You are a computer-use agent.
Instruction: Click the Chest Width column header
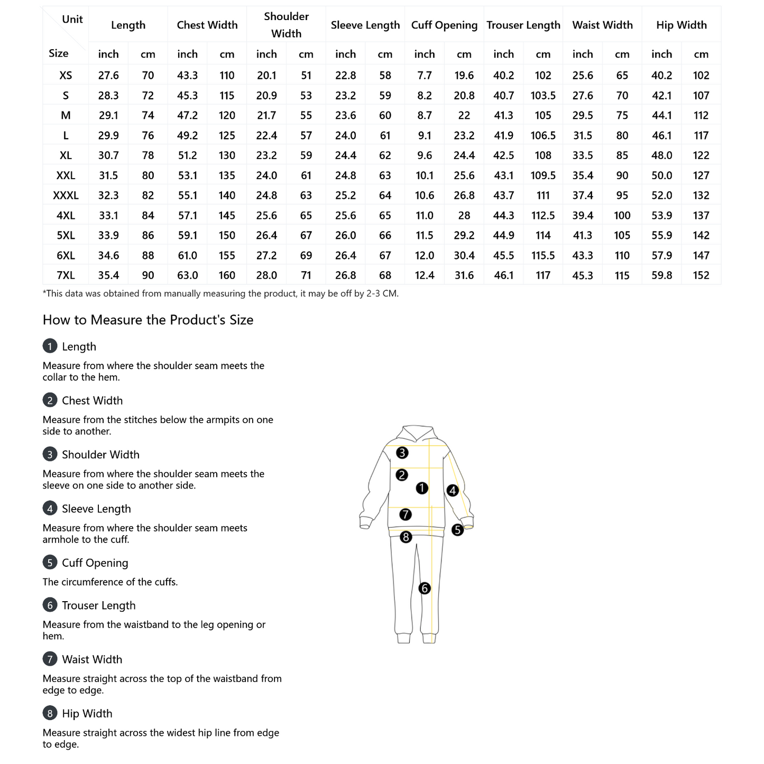coord(207,25)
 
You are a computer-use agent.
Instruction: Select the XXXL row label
coord(66,196)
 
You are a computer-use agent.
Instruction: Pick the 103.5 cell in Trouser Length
coord(543,96)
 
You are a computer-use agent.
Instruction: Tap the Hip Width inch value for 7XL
coord(661,275)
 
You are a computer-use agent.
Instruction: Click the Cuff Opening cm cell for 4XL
coord(464,216)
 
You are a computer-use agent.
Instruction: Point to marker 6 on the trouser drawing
coord(425,588)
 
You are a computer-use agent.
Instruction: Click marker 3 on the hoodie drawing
coord(402,453)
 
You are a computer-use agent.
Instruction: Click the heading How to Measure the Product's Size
coord(148,320)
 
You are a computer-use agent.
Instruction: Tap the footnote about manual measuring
coord(220,293)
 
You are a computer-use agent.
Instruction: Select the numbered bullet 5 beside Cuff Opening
coord(50,563)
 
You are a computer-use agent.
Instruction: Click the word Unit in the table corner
coord(72,20)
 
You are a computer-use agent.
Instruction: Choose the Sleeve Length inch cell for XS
coord(345,76)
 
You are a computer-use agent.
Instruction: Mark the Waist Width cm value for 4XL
coord(622,216)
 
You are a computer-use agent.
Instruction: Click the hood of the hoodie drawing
coord(418,434)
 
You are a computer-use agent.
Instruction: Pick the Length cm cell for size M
coord(148,116)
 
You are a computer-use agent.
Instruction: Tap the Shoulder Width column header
coord(286,25)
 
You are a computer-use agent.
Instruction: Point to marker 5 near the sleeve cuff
coord(457,529)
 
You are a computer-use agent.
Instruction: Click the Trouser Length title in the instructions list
coord(98,605)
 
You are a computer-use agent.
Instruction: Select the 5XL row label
coord(66,236)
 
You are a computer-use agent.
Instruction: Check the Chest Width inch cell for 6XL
coord(187,256)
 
